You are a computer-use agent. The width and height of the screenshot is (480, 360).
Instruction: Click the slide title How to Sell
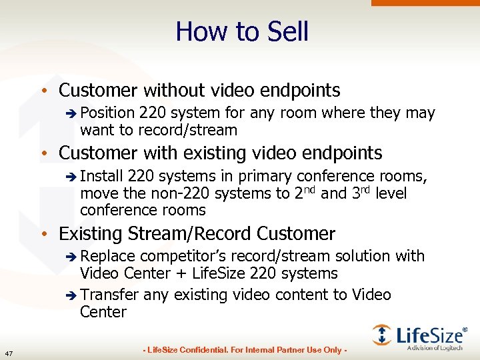[242, 31]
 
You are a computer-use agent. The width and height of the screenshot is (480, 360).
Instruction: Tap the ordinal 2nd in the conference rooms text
[305, 193]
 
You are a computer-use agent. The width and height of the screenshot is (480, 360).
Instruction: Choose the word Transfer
[109, 295]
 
